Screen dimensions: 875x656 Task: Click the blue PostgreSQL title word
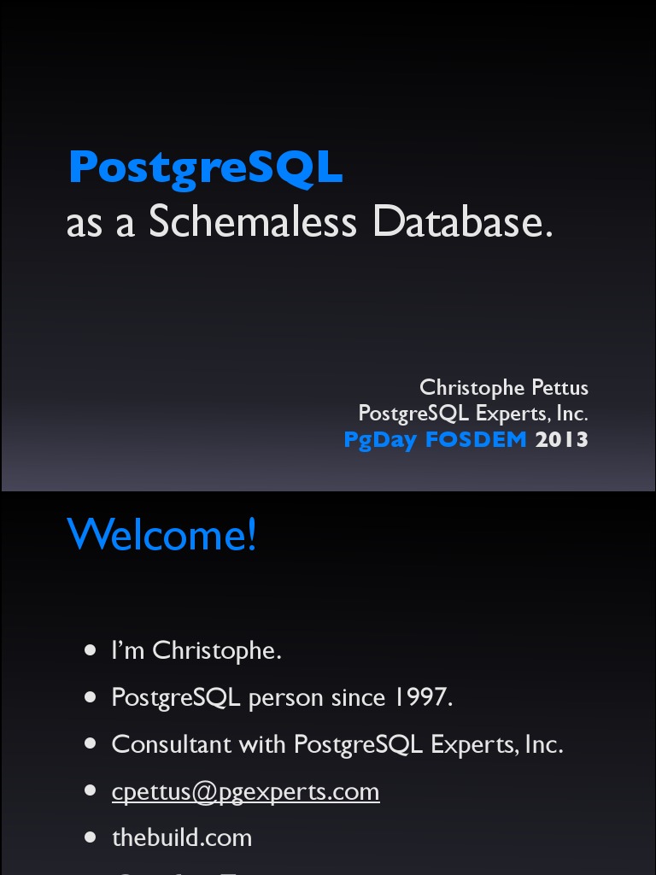pos(205,167)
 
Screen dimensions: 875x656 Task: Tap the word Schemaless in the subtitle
pos(252,222)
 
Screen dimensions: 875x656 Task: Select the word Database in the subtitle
pos(462,222)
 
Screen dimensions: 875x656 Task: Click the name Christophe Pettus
pos(504,387)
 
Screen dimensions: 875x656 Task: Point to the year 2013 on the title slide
pos(562,439)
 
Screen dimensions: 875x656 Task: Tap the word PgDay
pos(379,440)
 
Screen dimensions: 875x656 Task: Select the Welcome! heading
pos(161,535)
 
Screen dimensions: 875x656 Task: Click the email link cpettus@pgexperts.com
pos(245,791)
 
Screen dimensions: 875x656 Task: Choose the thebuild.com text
pos(182,837)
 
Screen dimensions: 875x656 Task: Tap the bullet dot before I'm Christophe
pos(91,651)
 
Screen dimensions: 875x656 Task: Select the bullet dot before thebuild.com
pos(91,837)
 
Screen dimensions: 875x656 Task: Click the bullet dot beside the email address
pos(91,791)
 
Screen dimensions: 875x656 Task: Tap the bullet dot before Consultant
pos(91,744)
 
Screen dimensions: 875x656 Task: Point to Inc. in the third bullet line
pos(544,744)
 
